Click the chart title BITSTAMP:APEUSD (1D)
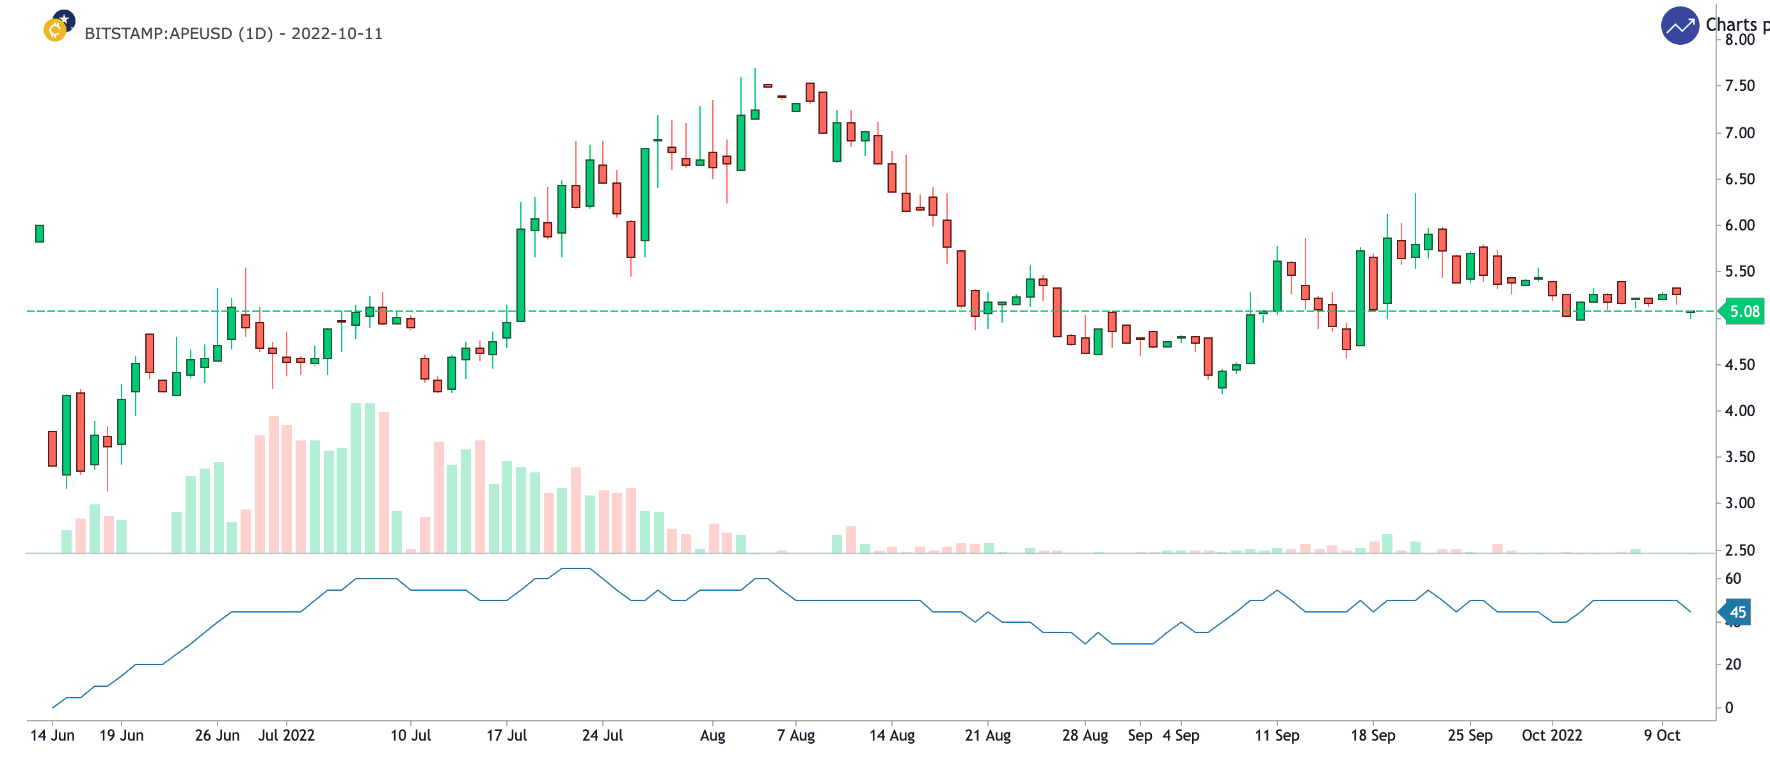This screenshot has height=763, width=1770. point(233,34)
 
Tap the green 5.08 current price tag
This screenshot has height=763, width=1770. point(1743,311)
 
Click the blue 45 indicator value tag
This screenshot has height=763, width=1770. point(1737,612)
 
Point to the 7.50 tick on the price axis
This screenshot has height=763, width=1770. point(1739,86)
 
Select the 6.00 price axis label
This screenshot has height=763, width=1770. point(1739,225)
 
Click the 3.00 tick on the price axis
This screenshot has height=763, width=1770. point(1739,503)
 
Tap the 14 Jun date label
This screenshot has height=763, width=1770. point(52,735)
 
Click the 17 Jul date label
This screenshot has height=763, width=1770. point(506,735)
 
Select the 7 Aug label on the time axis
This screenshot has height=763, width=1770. point(795,735)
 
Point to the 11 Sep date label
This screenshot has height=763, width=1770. point(1277,735)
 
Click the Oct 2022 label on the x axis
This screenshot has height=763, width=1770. point(1552,735)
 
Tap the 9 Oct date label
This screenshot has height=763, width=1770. point(1661,735)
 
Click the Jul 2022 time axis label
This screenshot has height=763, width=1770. point(286,735)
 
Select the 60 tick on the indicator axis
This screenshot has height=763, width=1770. point(1733,579)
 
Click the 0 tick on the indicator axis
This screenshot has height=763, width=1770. point(1729,707)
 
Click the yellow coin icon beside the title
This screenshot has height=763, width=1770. point(55,30)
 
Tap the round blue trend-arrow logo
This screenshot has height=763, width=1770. point(1679,26)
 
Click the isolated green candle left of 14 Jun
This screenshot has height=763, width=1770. point(40,234)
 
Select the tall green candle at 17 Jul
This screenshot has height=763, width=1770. point(521,275)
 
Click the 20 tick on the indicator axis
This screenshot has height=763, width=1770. point(1733,664)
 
